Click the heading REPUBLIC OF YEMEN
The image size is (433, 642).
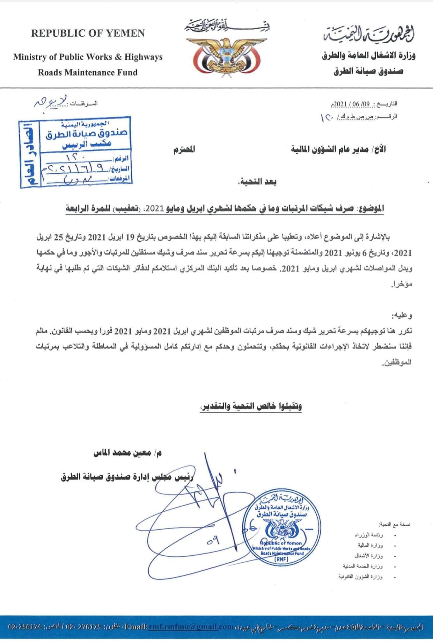pyautogui.click(x=88, y=33)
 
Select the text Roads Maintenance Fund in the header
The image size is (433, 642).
pyautogui.click(x=88, y=72)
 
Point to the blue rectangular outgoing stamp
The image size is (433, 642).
pyautogui.click(x=75, y=152)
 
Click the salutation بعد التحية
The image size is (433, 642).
pyautogui.click(x=262, y=182)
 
